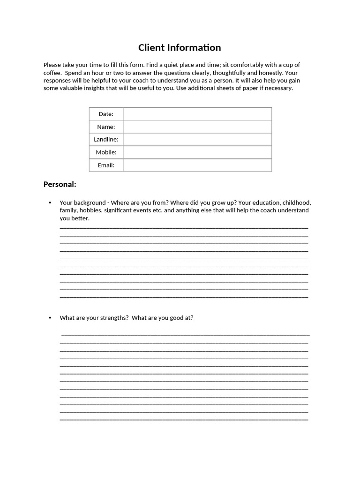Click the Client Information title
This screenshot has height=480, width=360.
(180, 47)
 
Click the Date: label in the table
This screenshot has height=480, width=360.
(106, 114)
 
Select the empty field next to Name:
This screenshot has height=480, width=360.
(197, 127)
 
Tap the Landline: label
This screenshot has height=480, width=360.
(106, 139)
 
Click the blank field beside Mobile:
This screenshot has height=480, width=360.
(197, 152)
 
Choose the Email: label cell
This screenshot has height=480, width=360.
(106, 165)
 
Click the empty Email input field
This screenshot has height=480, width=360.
(197, 165)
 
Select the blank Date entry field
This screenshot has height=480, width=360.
(197, 114)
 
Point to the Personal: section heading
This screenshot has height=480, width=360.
(60, 184)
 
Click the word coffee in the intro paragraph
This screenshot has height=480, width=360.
(52, 73)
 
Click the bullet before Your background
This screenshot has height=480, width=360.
(50, 203)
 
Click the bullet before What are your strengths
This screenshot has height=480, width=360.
(50, 318)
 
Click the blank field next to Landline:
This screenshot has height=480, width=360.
(197, 139)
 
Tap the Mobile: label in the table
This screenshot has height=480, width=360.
(106, 152)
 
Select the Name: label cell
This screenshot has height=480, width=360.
(106, 127)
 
